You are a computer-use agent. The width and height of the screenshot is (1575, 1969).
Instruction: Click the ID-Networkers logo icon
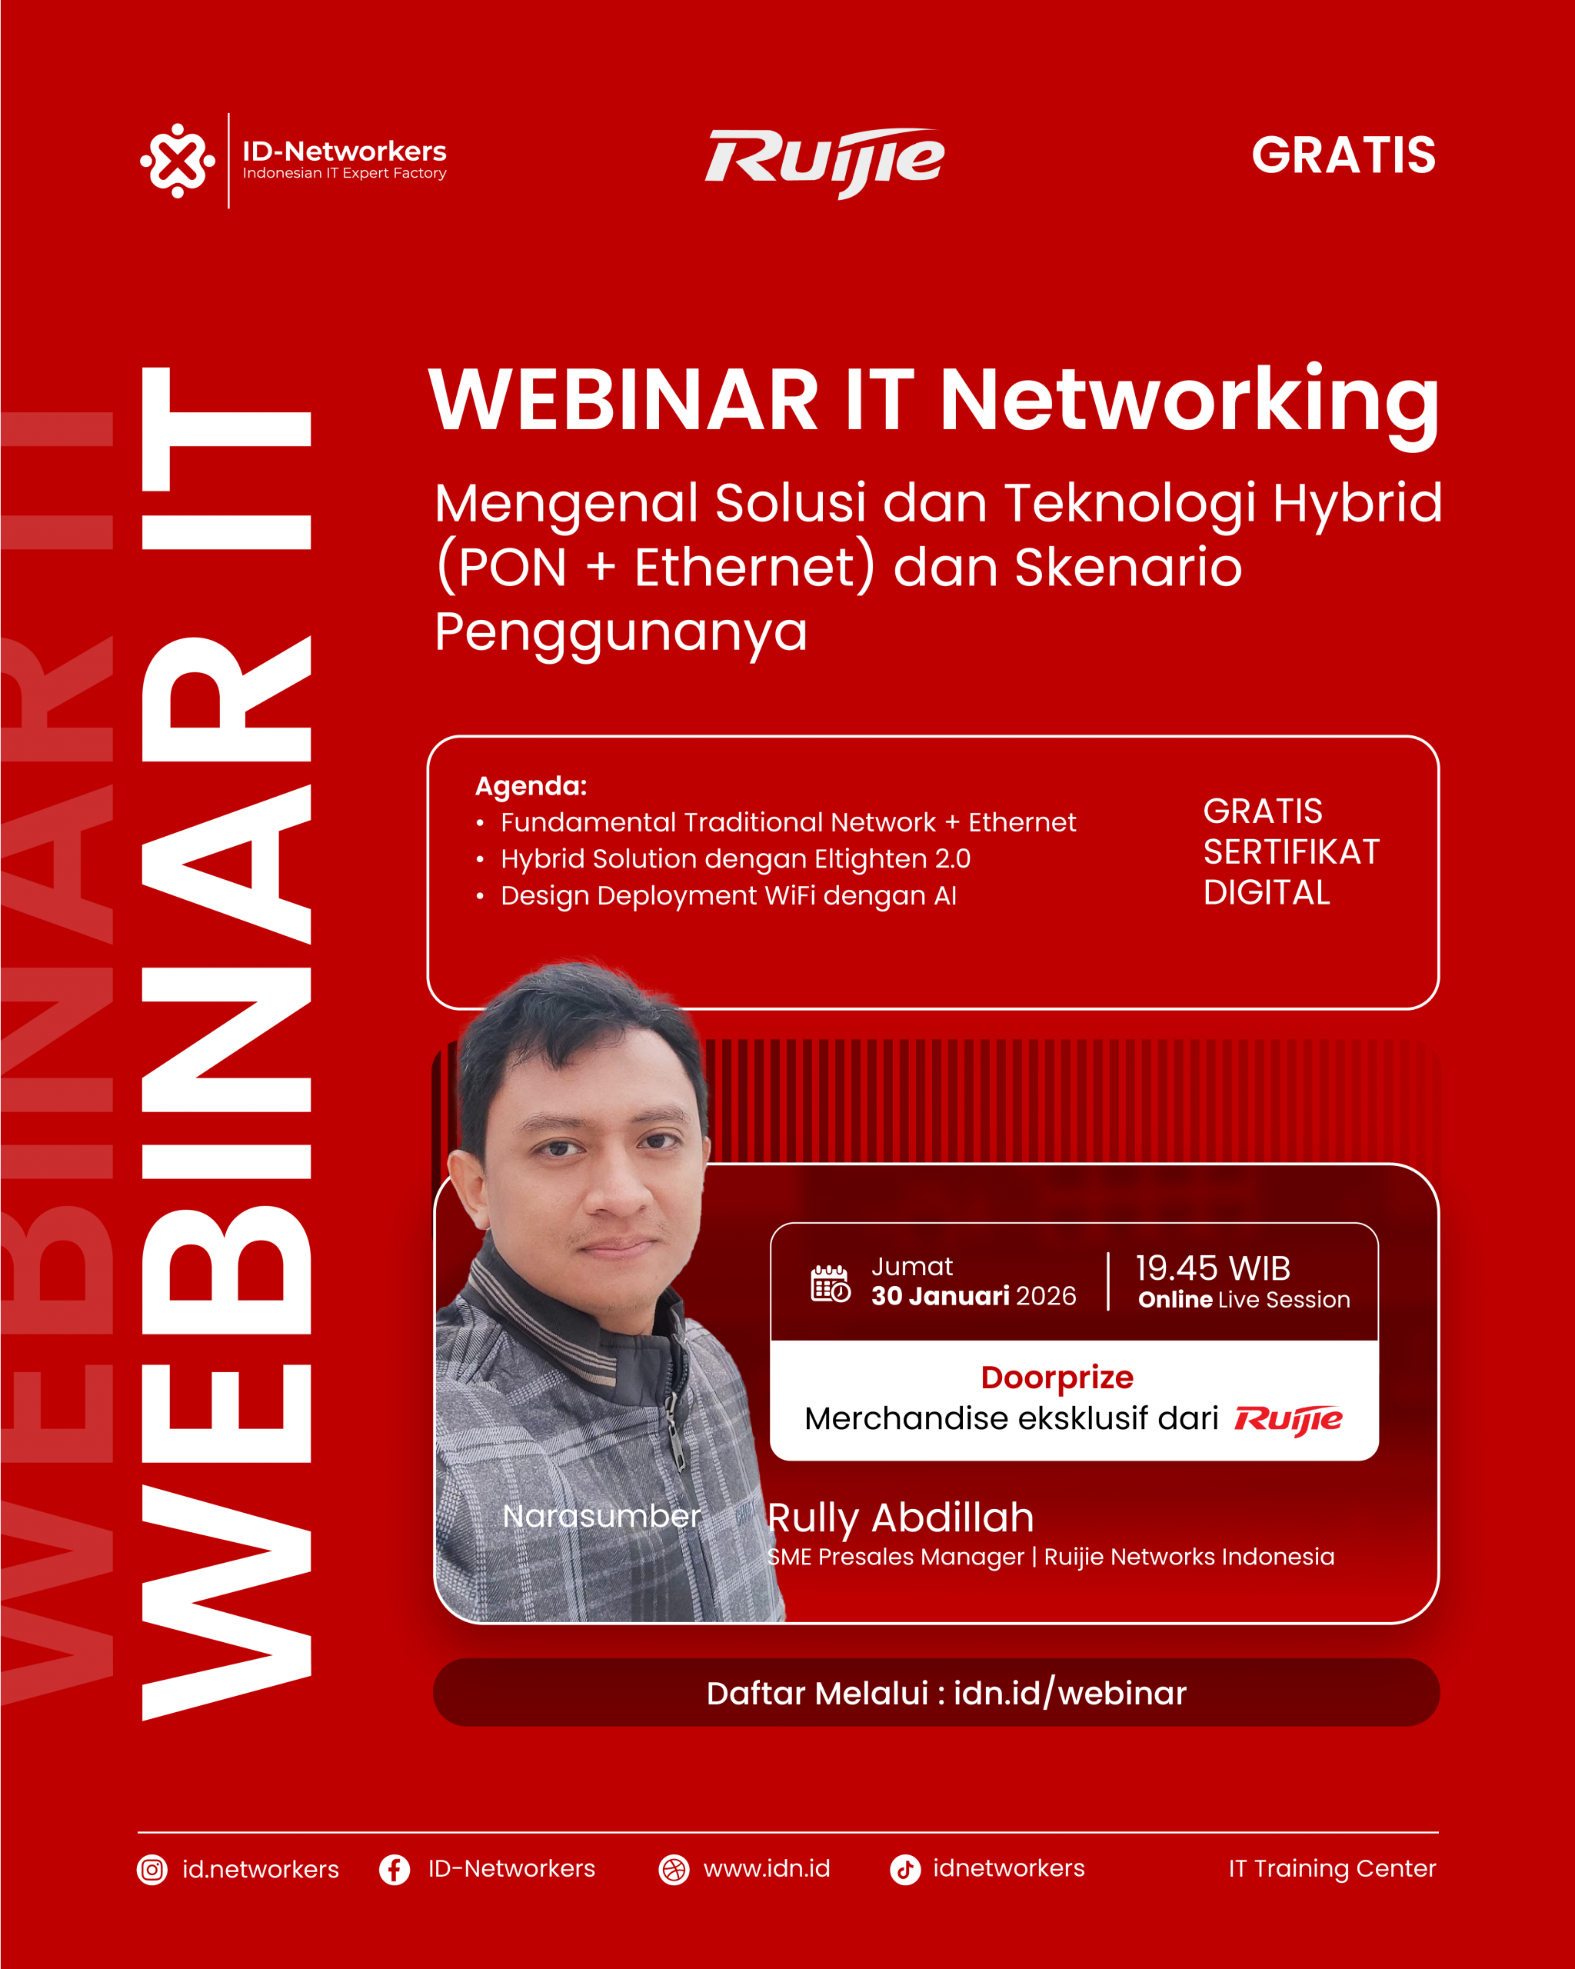coord(177,161)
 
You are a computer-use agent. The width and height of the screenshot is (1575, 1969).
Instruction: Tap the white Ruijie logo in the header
coord(824,162)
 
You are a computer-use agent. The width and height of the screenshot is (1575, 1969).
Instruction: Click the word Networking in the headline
coord(1190,404)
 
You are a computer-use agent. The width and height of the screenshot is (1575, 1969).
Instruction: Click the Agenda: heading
coord(531,786)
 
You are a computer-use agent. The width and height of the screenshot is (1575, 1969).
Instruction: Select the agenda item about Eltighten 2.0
coord(735,858)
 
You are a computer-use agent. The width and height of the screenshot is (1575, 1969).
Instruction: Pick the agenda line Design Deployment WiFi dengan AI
coord(728,895)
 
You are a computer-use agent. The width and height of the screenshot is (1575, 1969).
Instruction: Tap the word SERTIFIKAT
coord(1291,852)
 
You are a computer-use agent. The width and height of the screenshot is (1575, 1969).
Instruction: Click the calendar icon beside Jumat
coord(830,1283)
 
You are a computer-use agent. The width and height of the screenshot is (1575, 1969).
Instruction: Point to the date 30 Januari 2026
coord(974,1296)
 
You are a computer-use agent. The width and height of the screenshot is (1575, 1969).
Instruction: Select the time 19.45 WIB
coord(1213,1268)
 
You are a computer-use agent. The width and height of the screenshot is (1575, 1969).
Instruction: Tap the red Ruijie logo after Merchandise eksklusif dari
coord(1288,1420)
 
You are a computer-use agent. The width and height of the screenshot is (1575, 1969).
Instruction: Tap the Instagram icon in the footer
coord(152,1870)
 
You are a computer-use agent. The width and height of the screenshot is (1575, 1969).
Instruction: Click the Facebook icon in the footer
coord(395,1870)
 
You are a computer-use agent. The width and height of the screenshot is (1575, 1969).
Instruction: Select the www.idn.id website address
coord(767,1868)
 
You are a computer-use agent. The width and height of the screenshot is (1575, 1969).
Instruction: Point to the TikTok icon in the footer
coord(905,1870)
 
